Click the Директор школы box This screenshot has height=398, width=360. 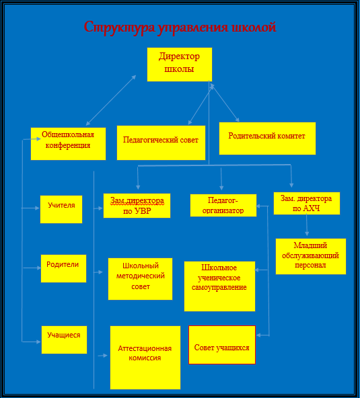(180, 65)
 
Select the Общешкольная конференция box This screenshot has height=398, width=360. (68, 144)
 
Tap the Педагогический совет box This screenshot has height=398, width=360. (161, 143)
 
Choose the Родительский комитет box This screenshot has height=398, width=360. (267, 138)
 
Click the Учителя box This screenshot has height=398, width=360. (61, 209)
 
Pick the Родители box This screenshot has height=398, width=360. (63, 268)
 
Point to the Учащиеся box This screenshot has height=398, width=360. (65, 340)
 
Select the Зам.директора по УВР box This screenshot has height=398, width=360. (137, 206)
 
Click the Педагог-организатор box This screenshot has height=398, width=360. (223, 205)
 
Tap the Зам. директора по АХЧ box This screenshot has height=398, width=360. (307, 203)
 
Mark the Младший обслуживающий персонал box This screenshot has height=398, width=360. (311, 256)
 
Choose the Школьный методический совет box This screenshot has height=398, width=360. (140, 279)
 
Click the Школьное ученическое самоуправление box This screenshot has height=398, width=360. (219, 286)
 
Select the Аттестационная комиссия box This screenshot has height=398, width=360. (145, 358)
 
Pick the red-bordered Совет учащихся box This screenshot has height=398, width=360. (222, 345)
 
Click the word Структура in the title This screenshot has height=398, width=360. (119, 28)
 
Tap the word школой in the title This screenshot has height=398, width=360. (254, 27)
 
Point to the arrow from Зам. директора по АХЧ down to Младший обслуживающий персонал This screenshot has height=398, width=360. (307, 225)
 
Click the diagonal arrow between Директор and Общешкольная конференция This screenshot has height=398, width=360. (111, 100)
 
